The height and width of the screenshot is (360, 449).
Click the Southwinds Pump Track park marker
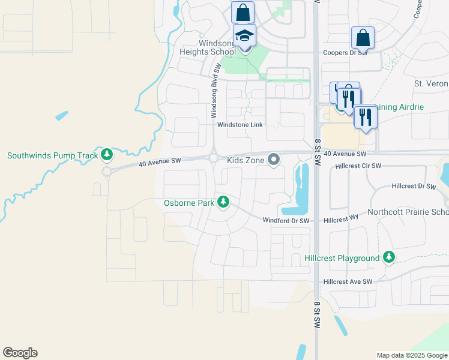coord(107,155)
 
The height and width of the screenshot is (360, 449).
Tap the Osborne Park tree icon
coord(223,202)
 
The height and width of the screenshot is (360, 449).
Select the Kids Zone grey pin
coord(274,160)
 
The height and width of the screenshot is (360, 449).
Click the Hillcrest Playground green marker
coord(389,257)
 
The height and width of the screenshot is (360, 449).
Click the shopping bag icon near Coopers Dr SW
coord(363,38)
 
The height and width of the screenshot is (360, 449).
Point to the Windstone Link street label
coord(240,125)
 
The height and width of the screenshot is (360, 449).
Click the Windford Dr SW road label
coord(286,221)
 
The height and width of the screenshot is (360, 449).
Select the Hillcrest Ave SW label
coord(348,281)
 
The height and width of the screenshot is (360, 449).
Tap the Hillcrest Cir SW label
coord(358,166)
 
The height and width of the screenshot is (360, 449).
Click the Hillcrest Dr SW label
coord(414,187)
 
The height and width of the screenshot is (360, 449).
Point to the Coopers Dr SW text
coord(345,53)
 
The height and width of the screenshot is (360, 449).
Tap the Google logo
coord(20,353)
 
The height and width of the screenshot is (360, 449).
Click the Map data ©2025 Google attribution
coord(412,355)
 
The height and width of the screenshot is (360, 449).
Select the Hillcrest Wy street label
coord(340,220)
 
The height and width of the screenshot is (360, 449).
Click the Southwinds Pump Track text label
coord(52,155)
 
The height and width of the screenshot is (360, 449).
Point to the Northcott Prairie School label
coord(414,212)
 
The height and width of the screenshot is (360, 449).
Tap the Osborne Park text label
coord(189,203)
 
